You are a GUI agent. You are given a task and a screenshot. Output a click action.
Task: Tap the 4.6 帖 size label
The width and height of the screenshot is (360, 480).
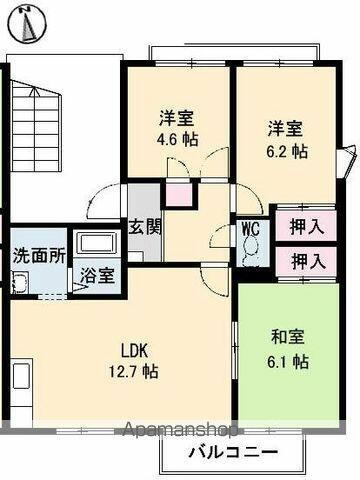tap(177, 140)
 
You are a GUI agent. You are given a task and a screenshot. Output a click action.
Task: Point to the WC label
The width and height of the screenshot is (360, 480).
tap(250, 228)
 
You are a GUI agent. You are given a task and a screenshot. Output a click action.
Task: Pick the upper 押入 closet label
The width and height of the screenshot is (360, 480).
tap(307, 226)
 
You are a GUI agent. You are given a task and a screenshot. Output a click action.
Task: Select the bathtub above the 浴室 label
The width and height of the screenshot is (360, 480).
tap(97, 243)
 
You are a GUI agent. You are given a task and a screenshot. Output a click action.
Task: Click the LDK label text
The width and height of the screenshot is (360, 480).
tap(135, 350)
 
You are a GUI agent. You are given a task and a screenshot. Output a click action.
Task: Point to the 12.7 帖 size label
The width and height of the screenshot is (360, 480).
tap(135, 371)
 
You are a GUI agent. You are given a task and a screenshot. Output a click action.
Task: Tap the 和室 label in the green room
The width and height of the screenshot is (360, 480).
tap(286, 338)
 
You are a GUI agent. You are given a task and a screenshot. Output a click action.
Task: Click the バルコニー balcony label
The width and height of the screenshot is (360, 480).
tap(231, 452)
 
